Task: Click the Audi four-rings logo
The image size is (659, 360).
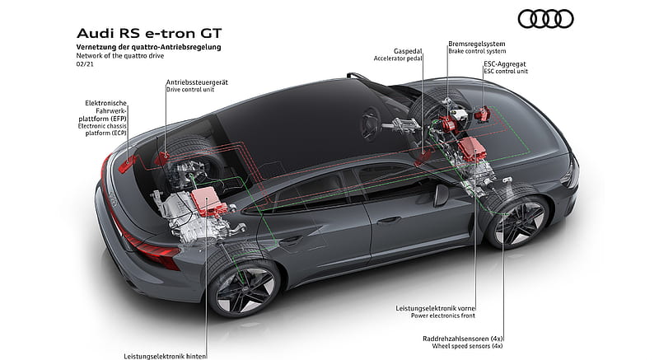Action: [x=545, y=19]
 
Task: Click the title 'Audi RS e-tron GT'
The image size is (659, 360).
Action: [x=149, y=33]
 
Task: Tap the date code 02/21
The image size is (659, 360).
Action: [x=85, y=64]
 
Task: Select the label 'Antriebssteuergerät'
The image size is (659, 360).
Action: [x=197, y=82]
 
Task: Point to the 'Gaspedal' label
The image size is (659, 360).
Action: [x=408, y=51]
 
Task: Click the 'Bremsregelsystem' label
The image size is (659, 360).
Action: [x=477, y=44]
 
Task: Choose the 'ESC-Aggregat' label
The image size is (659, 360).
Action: [x=505, y=64]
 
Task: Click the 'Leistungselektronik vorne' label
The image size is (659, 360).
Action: [x=436, y=308]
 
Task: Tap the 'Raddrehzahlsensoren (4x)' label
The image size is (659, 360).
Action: [x=463, y=339]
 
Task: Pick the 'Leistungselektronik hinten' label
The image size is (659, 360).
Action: [x=165, y=356]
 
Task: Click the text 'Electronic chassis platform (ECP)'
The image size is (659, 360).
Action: [x=102, y=129]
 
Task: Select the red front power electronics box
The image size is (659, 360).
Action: [x=472, y=149]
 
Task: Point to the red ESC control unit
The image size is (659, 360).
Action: [x=482, y=114]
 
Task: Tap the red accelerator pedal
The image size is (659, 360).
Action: [x=423, y=157]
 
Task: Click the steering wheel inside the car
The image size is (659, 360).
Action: [x=370, y=123]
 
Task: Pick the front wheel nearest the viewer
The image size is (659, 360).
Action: [x=518, y=221]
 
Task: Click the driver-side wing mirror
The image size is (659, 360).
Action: [x=442, y=195]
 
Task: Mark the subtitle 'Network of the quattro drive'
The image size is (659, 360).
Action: [x=119, y=55]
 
